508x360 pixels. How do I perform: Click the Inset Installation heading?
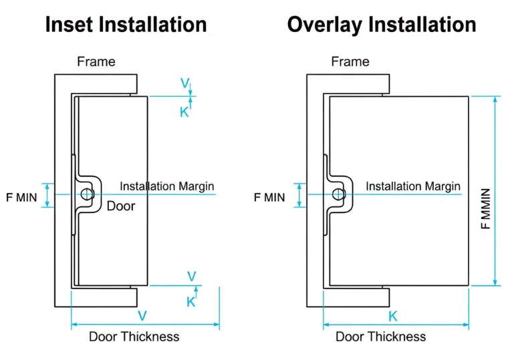pos(126,25)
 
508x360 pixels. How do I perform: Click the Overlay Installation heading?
pos(382,25)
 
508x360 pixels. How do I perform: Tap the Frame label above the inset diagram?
pos(96,61)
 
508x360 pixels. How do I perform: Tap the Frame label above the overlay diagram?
pos(350,61)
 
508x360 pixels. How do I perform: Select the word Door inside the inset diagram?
pos(121,206)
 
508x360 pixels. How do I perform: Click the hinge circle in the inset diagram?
pos(87,194)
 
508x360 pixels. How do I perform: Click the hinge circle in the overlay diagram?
pos(339,194)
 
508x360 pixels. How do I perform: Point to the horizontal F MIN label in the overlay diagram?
pos(269,198)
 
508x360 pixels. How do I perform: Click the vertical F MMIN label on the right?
pos(486,209)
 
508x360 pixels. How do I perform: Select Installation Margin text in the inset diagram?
pos(167,186)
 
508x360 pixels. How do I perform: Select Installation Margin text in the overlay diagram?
pos(413,186)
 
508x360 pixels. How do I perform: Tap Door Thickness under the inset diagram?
pos(134,337)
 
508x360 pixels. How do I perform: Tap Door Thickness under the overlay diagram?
pos(381,337)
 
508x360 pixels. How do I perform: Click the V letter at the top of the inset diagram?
pos(185,83)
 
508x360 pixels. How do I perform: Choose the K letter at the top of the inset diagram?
pos(184,112)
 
